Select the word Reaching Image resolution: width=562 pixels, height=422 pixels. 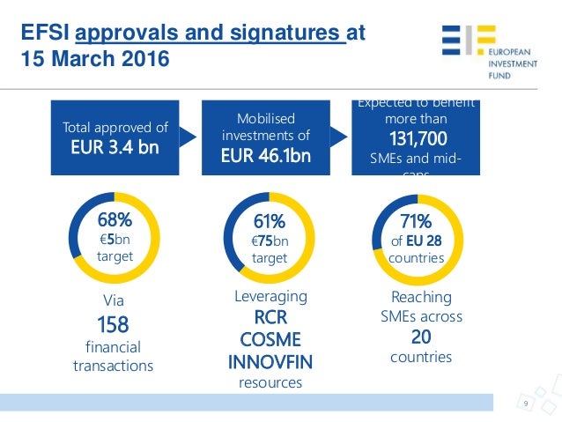pyautogui.click(x=420, y=297)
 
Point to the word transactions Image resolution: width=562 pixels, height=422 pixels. pyautogui.click(x=113, y=366)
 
